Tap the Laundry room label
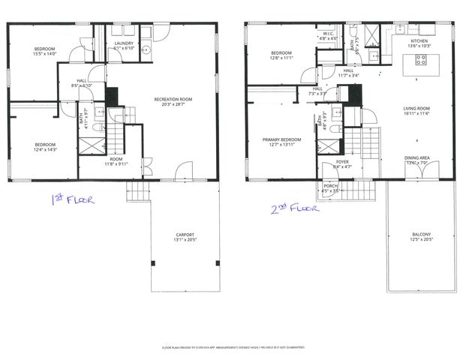pos(125,43)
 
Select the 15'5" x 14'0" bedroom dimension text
pos(45,54)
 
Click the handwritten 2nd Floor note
pos(293,208)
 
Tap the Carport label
pos(185,235)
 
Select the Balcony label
pos(421,235)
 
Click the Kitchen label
pos(418,40)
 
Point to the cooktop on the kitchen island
pos(420,62)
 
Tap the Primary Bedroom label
pos(281,139)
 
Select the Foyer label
pos(342,160)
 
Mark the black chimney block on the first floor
pos(112,96)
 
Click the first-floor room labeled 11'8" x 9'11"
pos(116,159)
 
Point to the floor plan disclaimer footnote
pos(233,348)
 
